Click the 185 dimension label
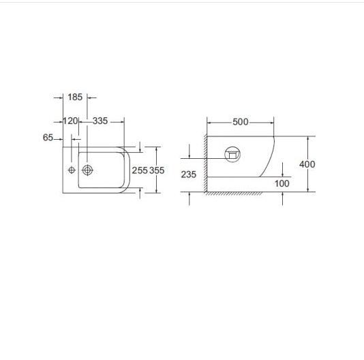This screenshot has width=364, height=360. (x=75, y=97)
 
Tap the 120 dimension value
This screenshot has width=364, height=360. (x=71, y=121)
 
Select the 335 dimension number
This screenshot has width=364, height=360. (x=100, y=121)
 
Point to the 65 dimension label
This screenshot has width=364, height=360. (x=48, y=138)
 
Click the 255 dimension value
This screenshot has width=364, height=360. (x=140, y=170)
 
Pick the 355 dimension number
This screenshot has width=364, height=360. (x=157, y=170)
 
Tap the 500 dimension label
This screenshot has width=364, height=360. (x=240, y=122)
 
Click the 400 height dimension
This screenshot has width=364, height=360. (x=307, y=164)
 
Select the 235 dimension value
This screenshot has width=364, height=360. (x=189, y=175)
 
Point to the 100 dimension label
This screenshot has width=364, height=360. (x=282, y=183)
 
